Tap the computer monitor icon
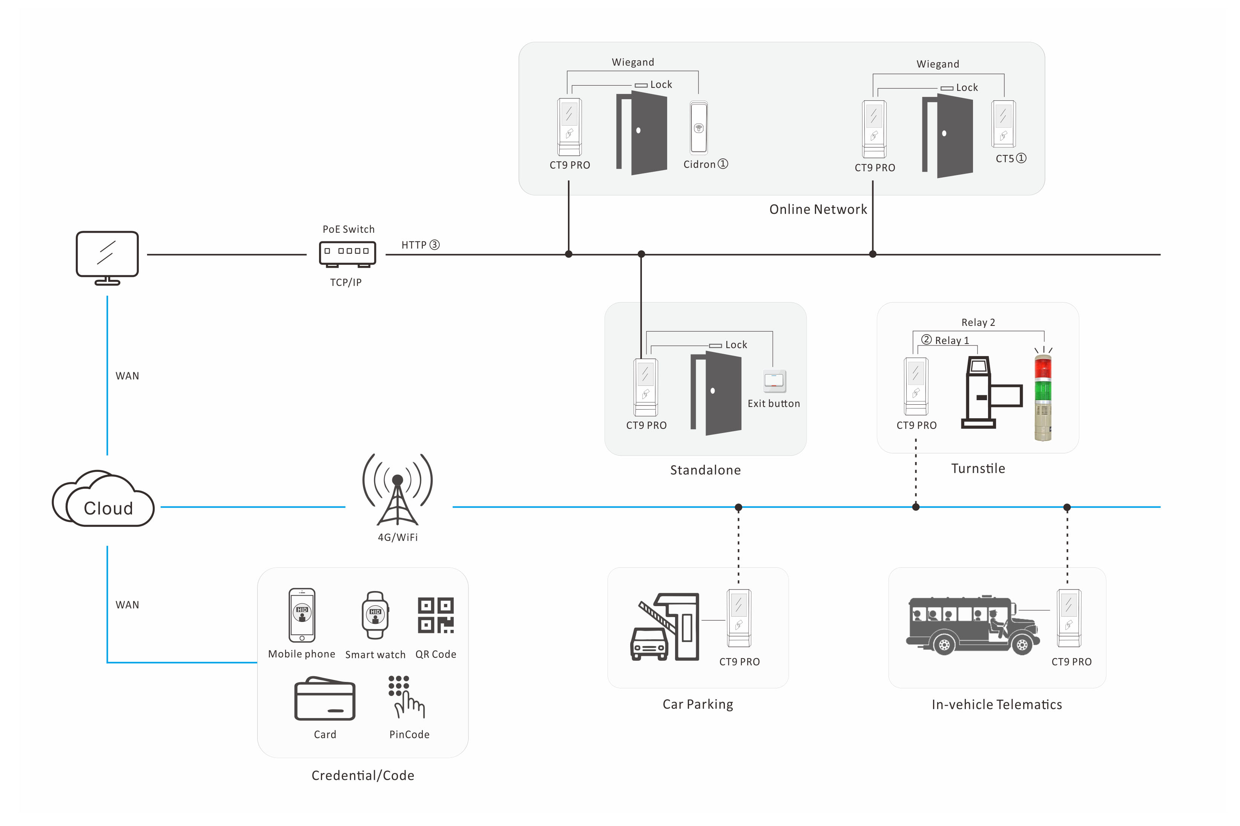click(x=107, y=257)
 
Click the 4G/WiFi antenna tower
click(x=397, y=490)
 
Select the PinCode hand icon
click(x=406, y=696)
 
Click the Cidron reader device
click(x=698, y=128)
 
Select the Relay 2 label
click(x=977, y=322)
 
